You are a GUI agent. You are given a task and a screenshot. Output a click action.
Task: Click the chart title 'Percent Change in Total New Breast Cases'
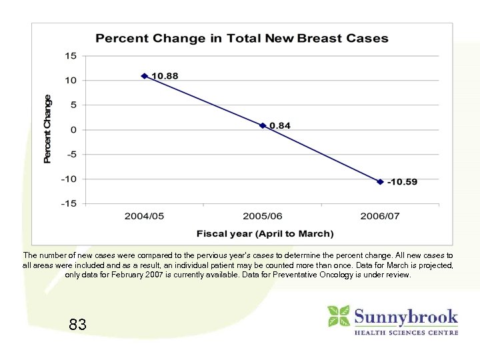[x=241, y=38]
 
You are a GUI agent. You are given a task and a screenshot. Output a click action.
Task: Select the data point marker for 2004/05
[x=145, y=76]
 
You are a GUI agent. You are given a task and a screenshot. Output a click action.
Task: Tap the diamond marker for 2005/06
[x=263, y=125]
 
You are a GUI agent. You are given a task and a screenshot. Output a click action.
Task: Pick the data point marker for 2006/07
[x=380, y=181]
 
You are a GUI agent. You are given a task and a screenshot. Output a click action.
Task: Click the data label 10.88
[x=165, y=76]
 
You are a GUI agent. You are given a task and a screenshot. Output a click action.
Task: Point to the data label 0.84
[x=280, y=125]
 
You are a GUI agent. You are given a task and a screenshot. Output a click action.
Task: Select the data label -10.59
[x=402, y=182]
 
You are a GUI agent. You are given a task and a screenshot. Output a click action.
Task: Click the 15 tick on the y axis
[x=71, y=56]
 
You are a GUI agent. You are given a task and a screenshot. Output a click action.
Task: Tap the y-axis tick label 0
[x=73, y=129]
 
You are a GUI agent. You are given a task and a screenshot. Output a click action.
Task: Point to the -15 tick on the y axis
[x=69, y=203]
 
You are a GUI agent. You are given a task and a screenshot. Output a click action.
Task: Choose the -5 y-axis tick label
[x=71, y=154]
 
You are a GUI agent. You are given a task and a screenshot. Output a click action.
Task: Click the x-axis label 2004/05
[x=145, y=217]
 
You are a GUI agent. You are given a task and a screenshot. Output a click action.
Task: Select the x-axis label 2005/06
[x=263, y=217]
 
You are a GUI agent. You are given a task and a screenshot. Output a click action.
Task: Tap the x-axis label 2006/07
[x=380, y=217]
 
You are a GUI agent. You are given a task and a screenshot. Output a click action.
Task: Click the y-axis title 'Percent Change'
[x=47, y=129]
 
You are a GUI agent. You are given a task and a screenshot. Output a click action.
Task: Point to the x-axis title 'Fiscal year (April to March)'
[x=265, y=233]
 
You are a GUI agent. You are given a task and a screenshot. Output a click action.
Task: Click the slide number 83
[x=77, y=325]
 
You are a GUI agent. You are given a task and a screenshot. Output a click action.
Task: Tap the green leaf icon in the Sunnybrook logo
[x=338, y=316]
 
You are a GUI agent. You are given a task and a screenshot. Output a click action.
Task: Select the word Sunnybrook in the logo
[x=405, y=316]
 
